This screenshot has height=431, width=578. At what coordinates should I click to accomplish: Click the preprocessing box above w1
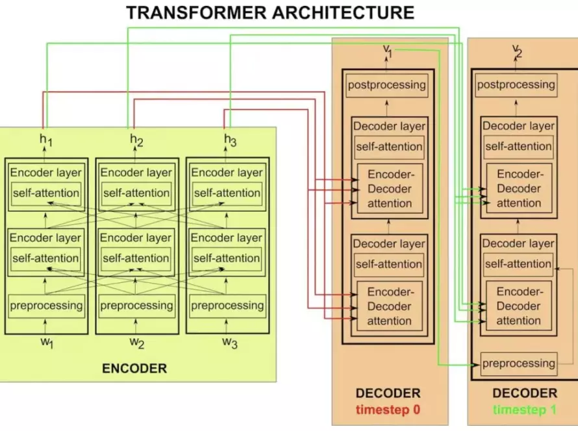[x=45, y=305]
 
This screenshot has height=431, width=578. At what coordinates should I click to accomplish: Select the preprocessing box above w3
[x=227, y=305]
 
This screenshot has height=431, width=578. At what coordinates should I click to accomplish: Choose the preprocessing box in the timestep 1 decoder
[x=519, y=363]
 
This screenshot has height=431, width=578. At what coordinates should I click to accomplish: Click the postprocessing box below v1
[x=387, y=84]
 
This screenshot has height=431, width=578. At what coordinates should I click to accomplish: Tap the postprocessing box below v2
[x=516, y=84]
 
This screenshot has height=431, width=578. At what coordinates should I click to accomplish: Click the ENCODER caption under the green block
[x=134, y=369]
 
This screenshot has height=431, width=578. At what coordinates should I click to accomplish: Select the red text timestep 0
[x=388, y=410]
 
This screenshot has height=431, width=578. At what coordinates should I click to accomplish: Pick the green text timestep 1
[x=525, y=410]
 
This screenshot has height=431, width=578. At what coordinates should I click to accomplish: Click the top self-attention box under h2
[x=136, y=193]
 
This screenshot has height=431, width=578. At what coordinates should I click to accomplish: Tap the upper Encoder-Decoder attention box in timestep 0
[x=390, y=189]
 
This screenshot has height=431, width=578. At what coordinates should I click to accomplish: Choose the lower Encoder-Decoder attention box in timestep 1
[x=518, y=306]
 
